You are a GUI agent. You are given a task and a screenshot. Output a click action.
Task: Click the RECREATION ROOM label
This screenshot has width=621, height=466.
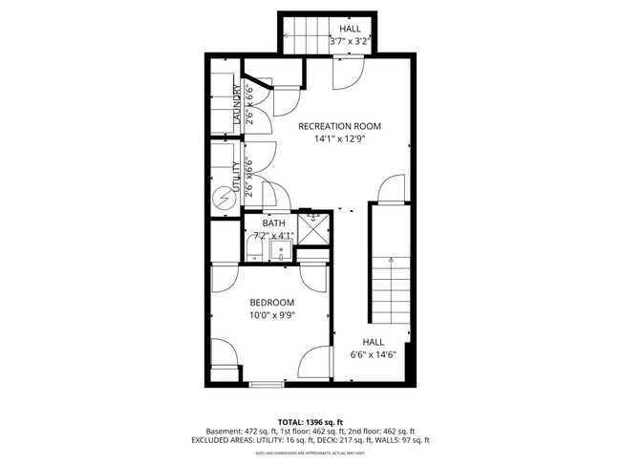(339, 126)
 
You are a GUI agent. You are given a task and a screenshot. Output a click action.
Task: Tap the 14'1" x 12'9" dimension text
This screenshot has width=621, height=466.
(339, 139)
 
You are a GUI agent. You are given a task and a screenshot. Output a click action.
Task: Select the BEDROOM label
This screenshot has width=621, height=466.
(272, 303)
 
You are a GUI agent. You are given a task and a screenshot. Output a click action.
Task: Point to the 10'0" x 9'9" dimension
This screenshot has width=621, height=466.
(272, 316)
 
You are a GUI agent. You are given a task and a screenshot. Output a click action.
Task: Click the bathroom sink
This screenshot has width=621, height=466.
(280, 250)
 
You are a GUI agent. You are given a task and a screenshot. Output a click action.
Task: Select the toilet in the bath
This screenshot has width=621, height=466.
(252, 250)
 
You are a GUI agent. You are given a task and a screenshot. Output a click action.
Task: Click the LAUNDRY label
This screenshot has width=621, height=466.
(237, 106)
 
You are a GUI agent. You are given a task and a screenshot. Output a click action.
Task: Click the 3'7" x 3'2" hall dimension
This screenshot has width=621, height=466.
(349, 42)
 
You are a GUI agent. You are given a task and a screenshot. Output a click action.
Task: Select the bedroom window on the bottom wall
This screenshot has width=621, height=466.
(266, 384)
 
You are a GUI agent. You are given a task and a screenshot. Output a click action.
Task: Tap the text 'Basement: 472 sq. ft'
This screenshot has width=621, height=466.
(225, 431)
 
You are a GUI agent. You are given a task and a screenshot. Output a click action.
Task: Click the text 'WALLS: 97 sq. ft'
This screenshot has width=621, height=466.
(415, 440)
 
